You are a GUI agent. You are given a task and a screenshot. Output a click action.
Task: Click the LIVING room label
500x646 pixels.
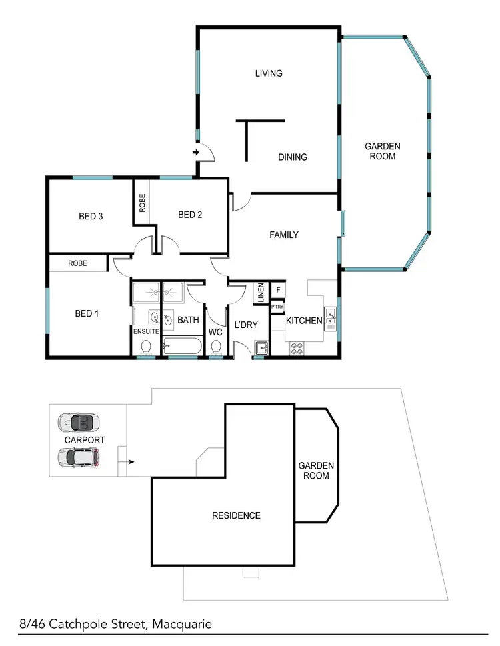point(269,73)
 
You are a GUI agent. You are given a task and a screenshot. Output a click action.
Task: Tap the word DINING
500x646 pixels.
point(292,157)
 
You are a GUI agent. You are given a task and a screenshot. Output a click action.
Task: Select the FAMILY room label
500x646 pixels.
point(283,235)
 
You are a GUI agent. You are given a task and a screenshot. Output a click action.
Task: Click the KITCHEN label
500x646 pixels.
point(304,321)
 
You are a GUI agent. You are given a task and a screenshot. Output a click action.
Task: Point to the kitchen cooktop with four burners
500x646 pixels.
point(295,348)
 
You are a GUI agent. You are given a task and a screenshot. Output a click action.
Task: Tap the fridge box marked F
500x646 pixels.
point(278,290)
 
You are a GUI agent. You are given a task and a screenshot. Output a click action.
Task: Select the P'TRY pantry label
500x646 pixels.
point(277,307)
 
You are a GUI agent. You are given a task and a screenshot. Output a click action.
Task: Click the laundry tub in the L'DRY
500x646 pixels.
point(262,347)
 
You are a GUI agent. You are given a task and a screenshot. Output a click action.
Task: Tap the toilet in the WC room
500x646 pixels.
point(216,347)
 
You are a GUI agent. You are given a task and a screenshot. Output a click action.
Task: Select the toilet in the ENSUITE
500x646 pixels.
point(146,347)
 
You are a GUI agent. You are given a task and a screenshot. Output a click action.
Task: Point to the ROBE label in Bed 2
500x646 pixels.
point(142,203)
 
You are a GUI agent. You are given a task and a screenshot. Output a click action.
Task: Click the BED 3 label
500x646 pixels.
point(90,216)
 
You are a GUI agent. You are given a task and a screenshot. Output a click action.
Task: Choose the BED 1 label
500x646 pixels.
point(87,313)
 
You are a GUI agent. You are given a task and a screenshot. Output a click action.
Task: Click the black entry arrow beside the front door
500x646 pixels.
point(196,153)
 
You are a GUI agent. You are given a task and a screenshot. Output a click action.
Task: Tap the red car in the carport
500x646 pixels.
point(79,457)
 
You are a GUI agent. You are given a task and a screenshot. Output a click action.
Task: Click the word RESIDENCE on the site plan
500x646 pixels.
point(236,515)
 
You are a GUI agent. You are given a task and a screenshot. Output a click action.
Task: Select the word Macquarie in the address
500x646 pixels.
point(182,625)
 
